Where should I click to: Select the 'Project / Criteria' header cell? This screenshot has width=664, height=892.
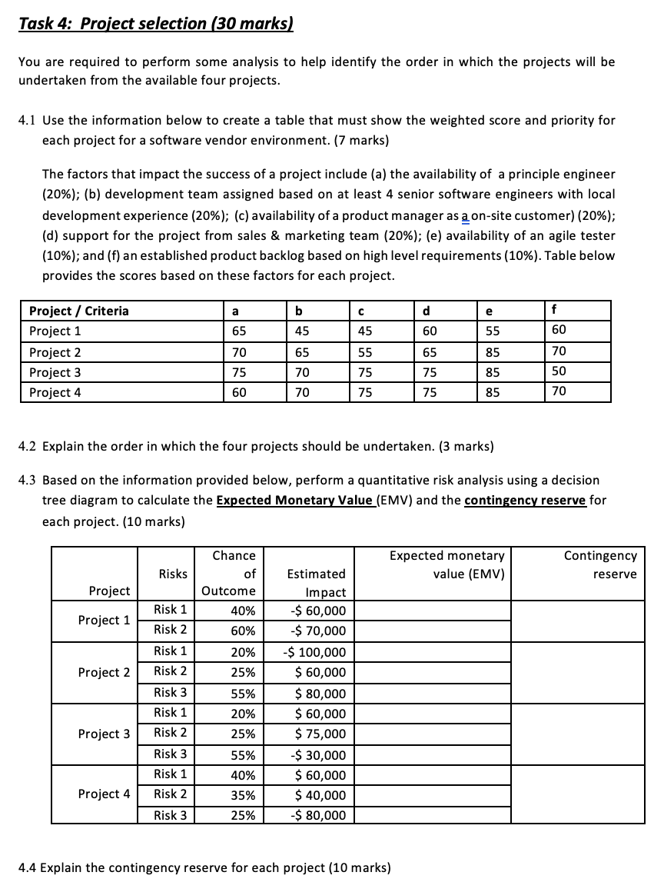click(x=78, y=311)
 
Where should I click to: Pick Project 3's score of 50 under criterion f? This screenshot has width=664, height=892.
click(x=559, y=371)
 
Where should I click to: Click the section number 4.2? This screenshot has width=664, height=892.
click(x=28, y=447)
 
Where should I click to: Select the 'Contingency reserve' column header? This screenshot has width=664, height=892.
click(x=599, y=564)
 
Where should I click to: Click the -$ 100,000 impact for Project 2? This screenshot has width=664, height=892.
click(x=314, y=652)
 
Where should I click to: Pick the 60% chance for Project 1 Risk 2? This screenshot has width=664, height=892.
click(x=243, y=631)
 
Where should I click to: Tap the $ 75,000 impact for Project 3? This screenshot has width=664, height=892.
click(x=320, y=734)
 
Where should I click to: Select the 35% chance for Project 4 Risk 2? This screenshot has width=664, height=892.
click(x=243, y=794)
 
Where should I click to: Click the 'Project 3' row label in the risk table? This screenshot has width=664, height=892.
click(x=104, y=734)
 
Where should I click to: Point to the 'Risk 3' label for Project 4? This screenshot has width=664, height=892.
click(x=170, y=814)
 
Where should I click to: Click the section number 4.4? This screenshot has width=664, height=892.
click(x=28, y=868)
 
